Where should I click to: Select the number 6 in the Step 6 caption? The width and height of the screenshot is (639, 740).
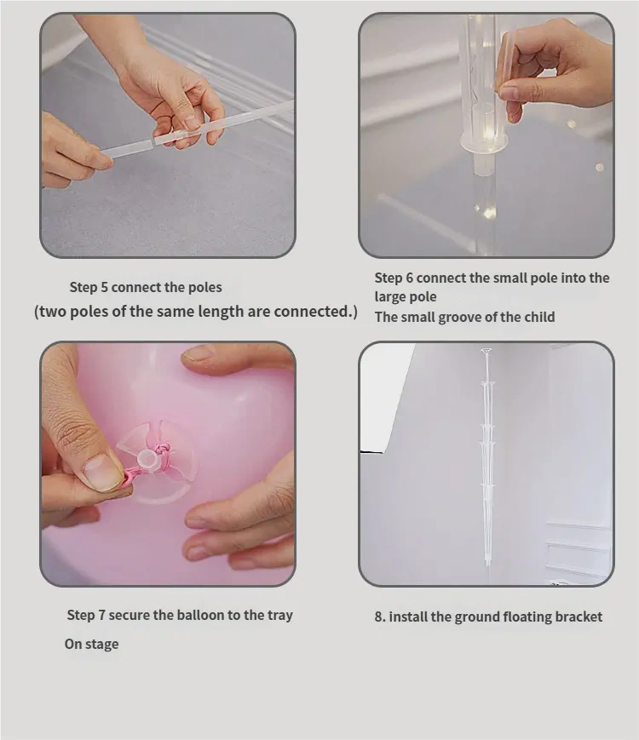[x=409, y=278]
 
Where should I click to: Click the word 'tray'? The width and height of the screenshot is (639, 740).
[x=280, y=616]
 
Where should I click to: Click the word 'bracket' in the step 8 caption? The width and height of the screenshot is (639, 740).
[x=579, y=617]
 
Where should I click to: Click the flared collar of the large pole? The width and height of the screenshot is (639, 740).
[x=484, y=141]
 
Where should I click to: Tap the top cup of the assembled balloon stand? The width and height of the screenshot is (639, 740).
[x=486, y=351]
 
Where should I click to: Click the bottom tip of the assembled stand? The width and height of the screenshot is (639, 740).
[x=488, y=565]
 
